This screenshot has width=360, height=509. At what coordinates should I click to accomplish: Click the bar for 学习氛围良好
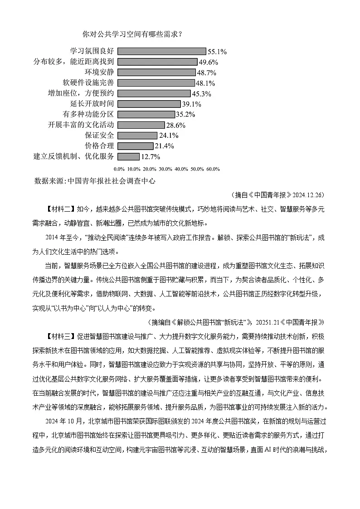pos(162,51)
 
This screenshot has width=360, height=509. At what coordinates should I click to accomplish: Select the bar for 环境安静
pos(157,73)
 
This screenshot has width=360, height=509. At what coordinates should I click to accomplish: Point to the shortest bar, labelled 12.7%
pos(129,156)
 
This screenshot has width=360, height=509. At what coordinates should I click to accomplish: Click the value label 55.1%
pos(217,52)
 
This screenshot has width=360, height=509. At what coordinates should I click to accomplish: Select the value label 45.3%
pos(202,94)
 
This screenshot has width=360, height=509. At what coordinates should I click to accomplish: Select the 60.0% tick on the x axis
pos(213,169)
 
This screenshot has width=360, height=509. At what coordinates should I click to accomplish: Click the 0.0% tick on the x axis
pos(119,169)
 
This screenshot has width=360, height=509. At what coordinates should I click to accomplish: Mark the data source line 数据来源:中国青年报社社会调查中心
pos(94,180)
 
